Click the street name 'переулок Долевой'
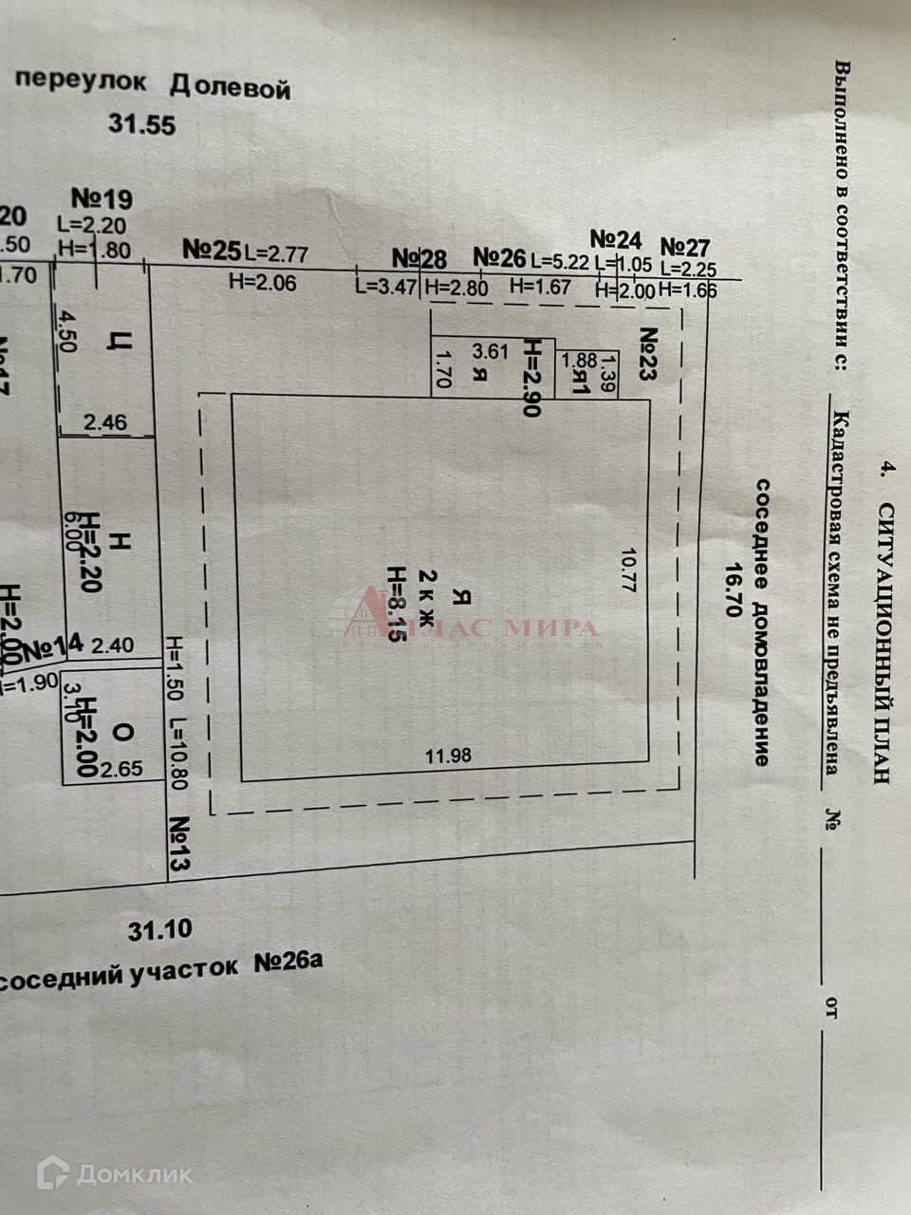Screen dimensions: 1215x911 coord(152,84)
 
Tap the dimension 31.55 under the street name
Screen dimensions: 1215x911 coord(141,124)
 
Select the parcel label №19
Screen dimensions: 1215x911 coord(102,199)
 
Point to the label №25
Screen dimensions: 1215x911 coord(213,252)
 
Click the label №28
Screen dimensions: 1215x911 coord(419,258)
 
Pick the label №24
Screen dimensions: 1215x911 coord(616,238)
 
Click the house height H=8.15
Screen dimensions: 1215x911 coord(396,605)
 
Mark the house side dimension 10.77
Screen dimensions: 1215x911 coord(626,570)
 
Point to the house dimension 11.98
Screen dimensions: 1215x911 coord(448,757)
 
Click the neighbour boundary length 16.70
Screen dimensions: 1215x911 coord(732,589)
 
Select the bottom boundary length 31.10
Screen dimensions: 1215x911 coord(160,929)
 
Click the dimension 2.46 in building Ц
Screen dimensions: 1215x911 coord(105,423)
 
